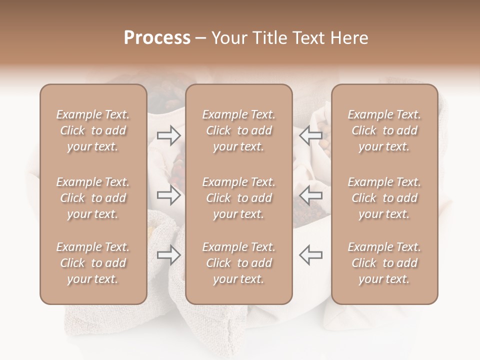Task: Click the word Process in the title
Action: click(157, 38)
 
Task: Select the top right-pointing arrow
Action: click(168, 135)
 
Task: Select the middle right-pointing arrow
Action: click(168, 195)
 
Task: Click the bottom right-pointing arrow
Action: click(168, 255)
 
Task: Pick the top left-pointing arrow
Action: click(310, 135)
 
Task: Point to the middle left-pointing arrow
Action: click(310, 195)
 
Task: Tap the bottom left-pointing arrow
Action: click(310, 255)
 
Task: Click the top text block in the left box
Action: click(93, 130)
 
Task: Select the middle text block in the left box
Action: click(93, 198)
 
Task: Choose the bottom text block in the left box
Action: click(93, 263)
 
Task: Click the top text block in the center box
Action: click(238, 130)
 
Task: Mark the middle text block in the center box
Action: click(238, 198)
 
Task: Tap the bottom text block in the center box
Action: click(238, 263)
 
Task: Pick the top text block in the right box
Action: click(384, 130)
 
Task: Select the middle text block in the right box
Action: click(384, 198)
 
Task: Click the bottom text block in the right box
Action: click(384, 263)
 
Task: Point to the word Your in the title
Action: click(228, 38)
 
